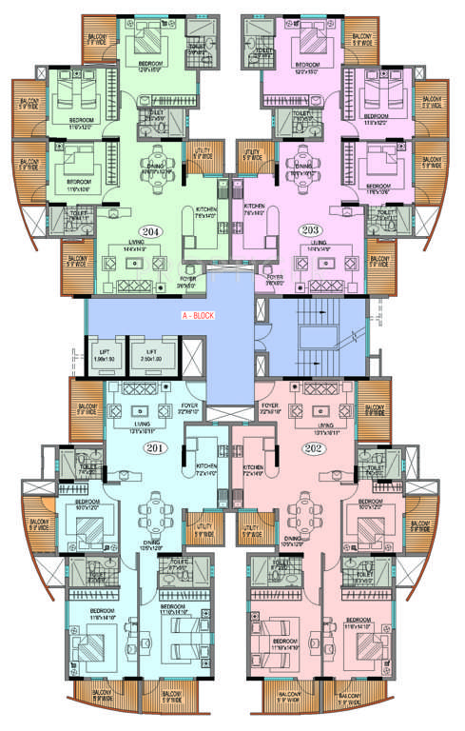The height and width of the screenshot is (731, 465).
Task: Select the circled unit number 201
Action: click(x=153, y=447)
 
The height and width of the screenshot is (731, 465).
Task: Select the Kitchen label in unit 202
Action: click(x=253, y=468)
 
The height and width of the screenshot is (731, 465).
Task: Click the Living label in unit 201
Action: click(x=143, y=425)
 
